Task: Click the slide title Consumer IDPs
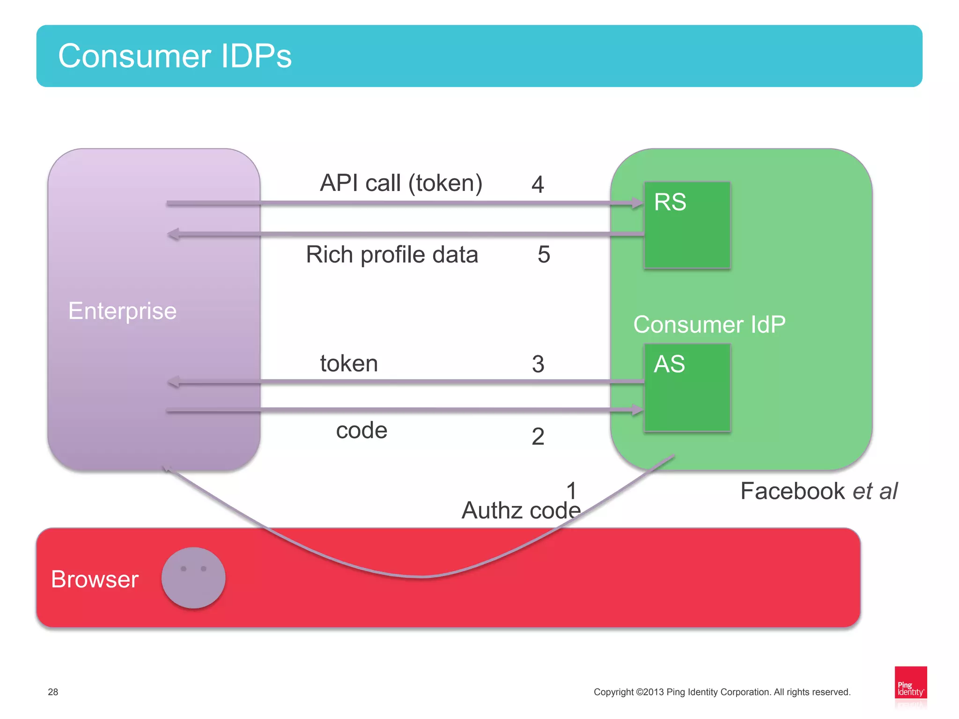point(175,56)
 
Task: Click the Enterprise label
point(122,311)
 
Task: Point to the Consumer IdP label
point(709,324)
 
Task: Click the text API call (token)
point(401,183)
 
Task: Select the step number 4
point(538,184)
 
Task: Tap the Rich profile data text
point(392,255)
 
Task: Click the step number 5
point(543,255)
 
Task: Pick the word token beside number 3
point(349,364)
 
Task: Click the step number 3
point(538,364)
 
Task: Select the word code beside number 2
point(361,430)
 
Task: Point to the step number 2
point(538,437)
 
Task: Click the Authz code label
point(521,510)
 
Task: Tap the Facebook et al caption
point(819,492)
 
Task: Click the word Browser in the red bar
point(95,580)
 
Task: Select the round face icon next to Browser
point(193,578)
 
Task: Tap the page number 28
point(53,692)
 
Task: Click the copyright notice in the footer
point(722,692)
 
